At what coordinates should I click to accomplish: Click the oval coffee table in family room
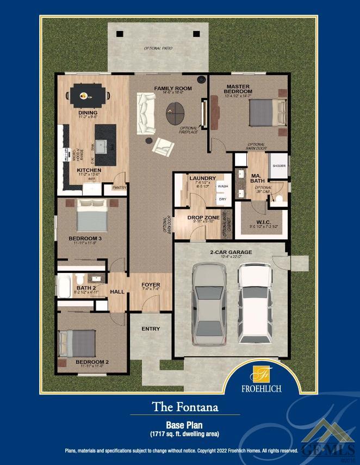(x=175, y=113)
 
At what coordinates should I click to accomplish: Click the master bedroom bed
(x=266, y=114)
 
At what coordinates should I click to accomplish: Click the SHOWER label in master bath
(x=278, y=166)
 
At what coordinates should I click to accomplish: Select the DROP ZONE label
(x=203, y=217)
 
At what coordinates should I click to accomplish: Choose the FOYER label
(x=150, y=285)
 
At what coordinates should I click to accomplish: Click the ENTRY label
(x=151, y=328)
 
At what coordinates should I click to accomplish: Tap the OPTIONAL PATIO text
(x=158, y=48)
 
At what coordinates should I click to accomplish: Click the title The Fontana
(x=179, y=406)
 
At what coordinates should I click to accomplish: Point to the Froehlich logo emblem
(x=261, y=375)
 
